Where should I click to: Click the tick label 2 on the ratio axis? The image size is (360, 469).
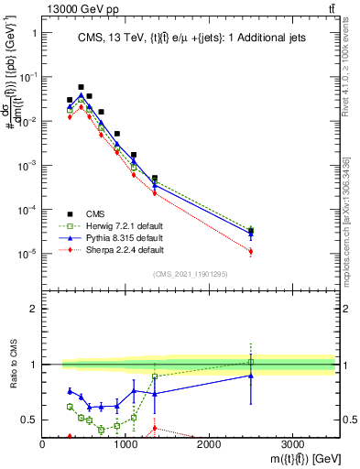pyautogui.click(x=34, y=309)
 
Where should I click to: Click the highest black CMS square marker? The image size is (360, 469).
pyautogui.click(x=81, y=87)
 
